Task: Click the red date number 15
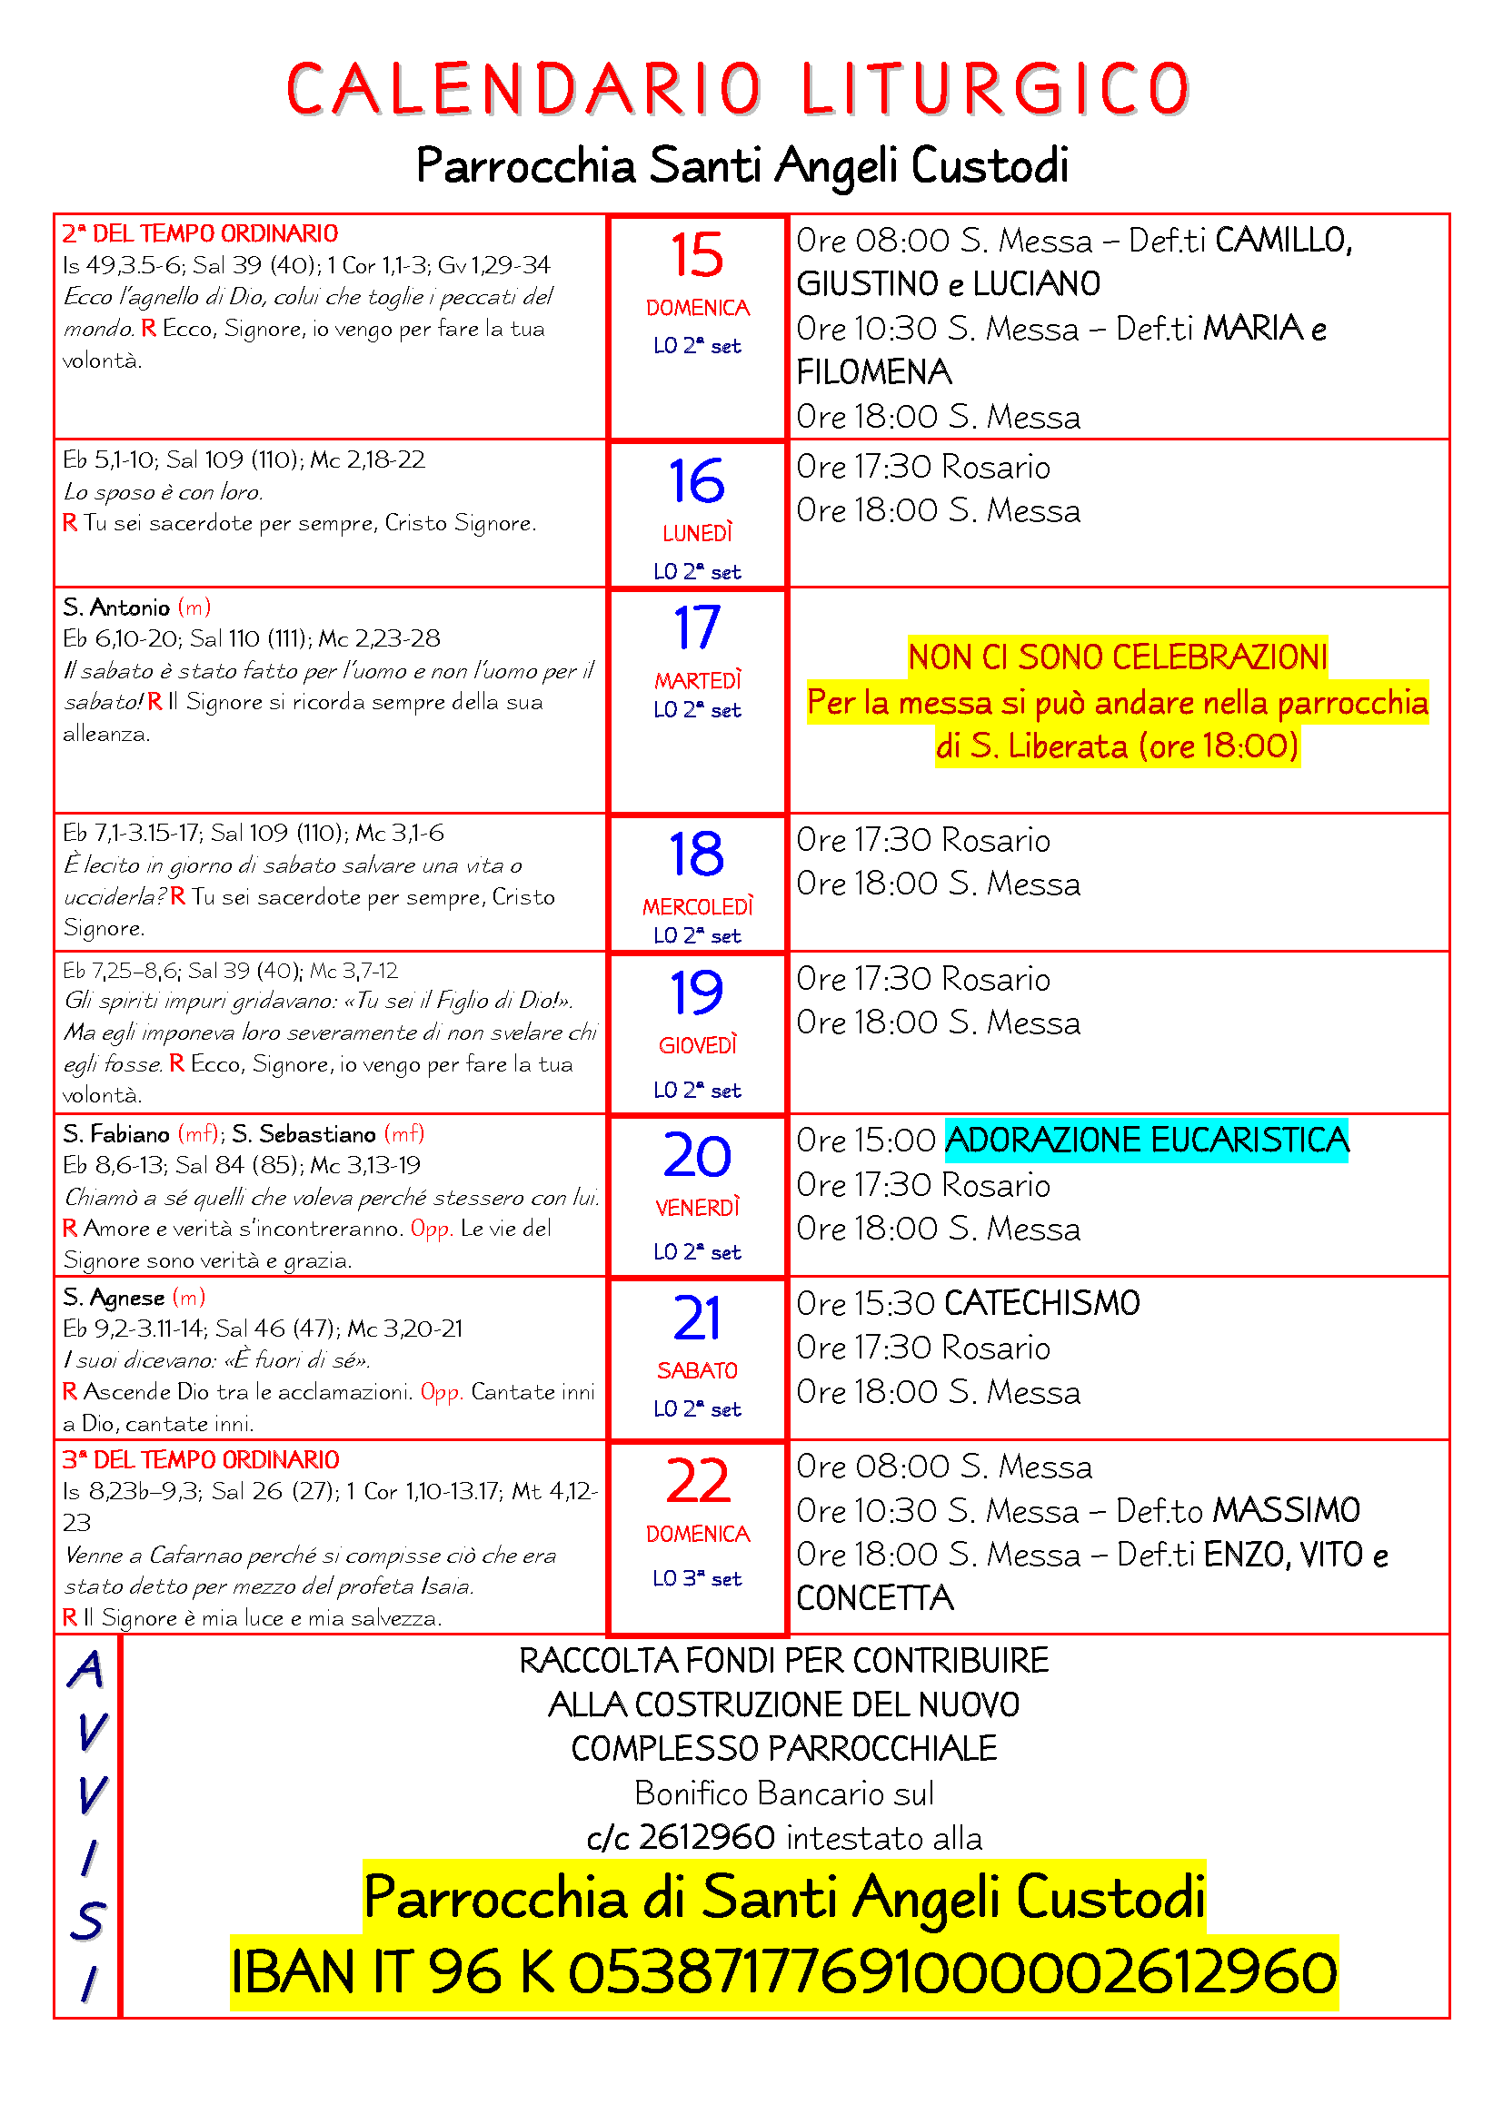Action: click(696, 255)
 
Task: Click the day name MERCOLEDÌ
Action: click(698, 906)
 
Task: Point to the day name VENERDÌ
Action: click(698, 1207)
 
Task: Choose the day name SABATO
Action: click(697, 1370)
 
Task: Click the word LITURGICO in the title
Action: click(995, 90)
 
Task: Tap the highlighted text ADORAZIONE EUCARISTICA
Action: click(1146, 1140)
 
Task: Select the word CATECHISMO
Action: click(1042, 1303)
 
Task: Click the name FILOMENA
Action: click(873, 373)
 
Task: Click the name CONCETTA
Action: click(874, 1597)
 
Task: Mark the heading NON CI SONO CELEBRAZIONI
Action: click(1117, 657)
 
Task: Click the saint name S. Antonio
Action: click(116, 608)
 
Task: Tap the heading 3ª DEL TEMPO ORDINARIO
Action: click(201, 1460)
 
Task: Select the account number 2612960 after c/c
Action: click(706, 1837)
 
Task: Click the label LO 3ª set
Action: click(697, 1578)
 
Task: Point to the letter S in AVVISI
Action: click(89, 1921)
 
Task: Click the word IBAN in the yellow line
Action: click(293, 1971)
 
